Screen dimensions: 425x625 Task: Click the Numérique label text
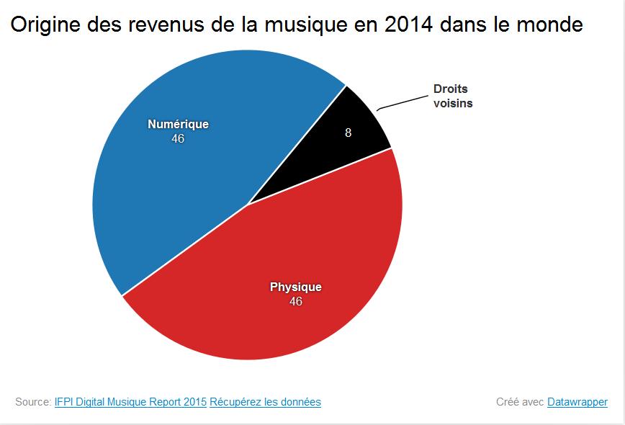pyautogui.click(x=178, y=124)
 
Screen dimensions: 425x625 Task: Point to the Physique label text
pyautogui.click(x=295, y=287)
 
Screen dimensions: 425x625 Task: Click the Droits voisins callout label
pyautogui.click(x=453, y=96)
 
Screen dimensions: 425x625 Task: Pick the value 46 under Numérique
pyautogui.click(x=178, y=138)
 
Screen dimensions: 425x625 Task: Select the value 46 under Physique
pyautogui.click(x=295, y=301)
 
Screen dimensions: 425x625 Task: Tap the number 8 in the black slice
pyautogui.click(x=349, y=133)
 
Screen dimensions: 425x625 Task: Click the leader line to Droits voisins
pyautogui.click(x=400, y=102)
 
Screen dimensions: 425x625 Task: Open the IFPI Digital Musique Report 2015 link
pyautogui.click(x=130, y=402)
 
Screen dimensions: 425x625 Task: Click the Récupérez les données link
pyautogui.click(x=265, y=402)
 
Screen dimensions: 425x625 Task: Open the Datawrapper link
pyautogui.click(x=577, y=402)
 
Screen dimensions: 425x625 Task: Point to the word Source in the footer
pyautogui.click(x=32, y=402)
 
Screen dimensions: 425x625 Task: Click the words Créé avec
pyautogui.click(x=520, y=402)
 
